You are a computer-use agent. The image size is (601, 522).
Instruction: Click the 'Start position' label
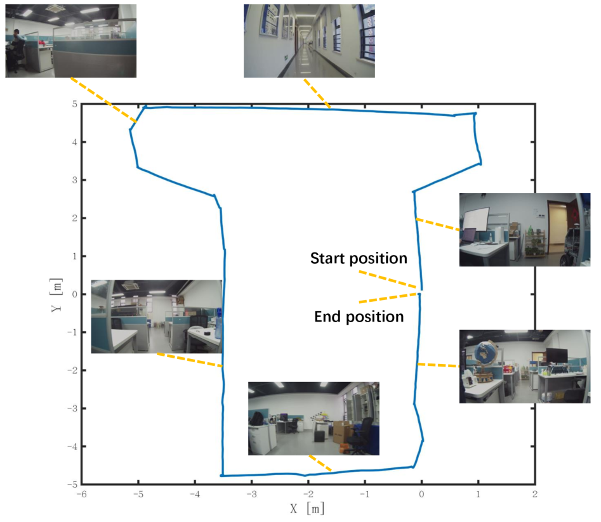tap(358, 258)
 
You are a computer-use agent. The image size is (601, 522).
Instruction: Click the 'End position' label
tap(359, 316)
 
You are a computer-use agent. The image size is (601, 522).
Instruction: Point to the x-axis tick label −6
tap(81, 494)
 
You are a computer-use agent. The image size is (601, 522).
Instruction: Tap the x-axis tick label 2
tap(534, 494)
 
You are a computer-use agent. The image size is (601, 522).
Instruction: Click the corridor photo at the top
tap(309, 41)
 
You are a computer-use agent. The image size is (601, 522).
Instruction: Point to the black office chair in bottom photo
tap(362, 435)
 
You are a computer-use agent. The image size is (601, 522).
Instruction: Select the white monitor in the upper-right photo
tap(475, 219)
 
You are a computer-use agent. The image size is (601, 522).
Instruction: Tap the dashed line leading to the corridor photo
tap(317, 93)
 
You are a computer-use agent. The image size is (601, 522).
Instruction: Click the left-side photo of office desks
tap(156, 316)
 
